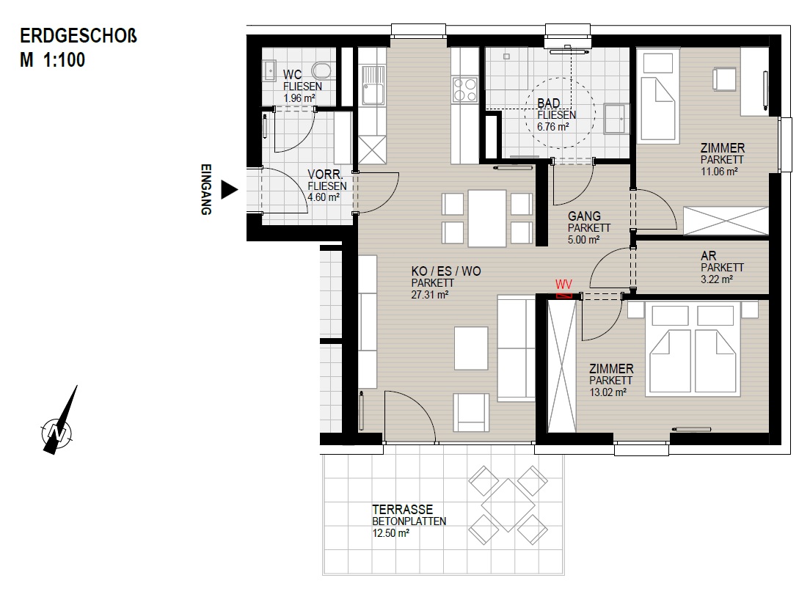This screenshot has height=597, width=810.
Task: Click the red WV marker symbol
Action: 564,296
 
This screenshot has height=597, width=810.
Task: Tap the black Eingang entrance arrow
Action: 229,189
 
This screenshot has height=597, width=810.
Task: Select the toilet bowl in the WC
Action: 322,71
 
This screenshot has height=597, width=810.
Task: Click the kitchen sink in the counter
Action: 372,85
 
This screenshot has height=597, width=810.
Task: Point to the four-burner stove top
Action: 464,89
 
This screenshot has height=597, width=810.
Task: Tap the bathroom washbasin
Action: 616,119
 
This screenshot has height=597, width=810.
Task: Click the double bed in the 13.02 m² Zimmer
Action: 692,350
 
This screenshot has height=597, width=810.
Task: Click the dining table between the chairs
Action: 486,218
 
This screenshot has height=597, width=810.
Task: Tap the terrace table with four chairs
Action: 508,505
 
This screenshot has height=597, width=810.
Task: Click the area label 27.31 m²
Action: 430,295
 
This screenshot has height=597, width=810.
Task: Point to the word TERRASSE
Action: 402,509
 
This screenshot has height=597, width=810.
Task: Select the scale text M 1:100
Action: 52,60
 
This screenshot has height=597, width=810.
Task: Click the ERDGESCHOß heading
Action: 79,36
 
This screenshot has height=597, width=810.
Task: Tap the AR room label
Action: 708,256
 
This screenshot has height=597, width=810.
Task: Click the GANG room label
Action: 584,216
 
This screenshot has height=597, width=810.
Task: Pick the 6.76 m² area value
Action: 552,127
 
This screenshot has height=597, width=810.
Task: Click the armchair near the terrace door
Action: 470,412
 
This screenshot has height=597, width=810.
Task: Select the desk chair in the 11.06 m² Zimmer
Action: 723,79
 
